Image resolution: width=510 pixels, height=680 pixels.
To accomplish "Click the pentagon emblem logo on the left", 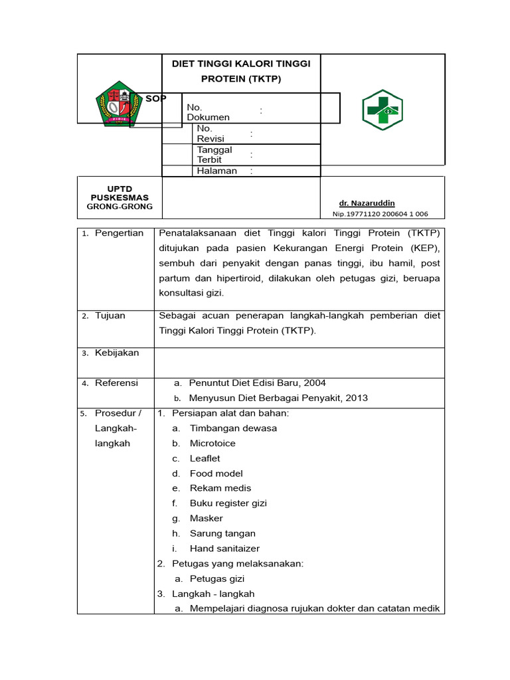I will click(120, 104).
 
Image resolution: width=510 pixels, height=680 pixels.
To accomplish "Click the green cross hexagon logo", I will click(382, 110).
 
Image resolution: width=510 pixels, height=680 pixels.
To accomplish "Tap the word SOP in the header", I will click(156, 99).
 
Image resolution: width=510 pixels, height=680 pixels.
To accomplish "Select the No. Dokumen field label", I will click(208, 112).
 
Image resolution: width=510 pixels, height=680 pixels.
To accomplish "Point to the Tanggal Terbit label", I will click(214, 155).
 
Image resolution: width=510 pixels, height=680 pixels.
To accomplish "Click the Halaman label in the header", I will click(216, 171).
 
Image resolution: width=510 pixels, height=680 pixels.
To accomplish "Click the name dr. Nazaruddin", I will click(367, 203).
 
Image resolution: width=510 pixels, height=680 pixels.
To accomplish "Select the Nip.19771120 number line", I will click(380, 214).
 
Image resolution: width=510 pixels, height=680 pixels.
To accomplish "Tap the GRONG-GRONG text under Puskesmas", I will click(120, 207).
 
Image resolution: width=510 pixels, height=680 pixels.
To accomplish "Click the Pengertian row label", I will click(119, 233).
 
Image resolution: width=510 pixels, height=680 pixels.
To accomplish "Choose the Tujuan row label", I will click(110, 315).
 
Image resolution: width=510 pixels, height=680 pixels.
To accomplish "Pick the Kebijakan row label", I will click(117, 353).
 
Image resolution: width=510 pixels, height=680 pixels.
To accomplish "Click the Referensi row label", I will click(116, 383).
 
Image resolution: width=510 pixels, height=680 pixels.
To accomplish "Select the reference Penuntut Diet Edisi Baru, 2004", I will click(257, 383).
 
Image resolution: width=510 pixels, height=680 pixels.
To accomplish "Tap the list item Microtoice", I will click(212, 443).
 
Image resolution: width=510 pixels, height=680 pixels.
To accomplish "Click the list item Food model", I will click(216, 473).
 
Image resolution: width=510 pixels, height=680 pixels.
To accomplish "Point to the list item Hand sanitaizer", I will click(224, 549).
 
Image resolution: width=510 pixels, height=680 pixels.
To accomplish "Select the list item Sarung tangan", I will click(222, 533).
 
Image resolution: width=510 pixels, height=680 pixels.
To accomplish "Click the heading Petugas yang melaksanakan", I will click(237, 564).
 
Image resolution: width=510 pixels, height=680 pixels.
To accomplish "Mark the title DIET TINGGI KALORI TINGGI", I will click(241, 64).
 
